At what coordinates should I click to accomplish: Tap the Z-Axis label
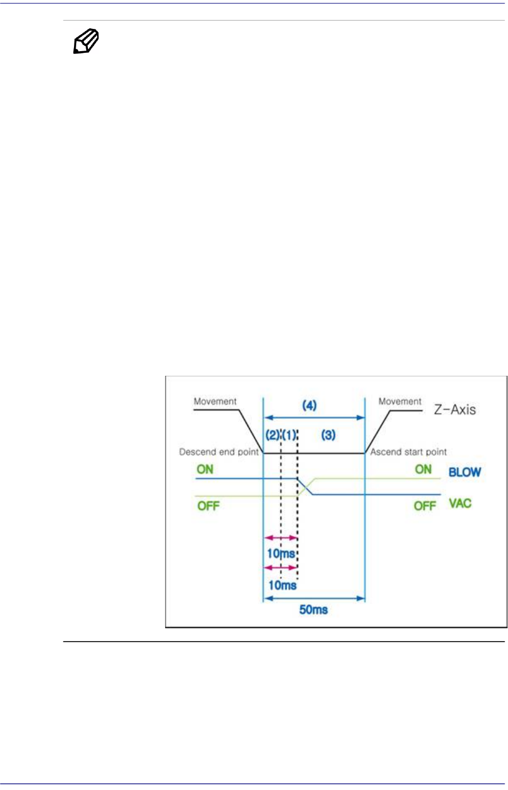tap(455, 410)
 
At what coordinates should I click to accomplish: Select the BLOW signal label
tap(465, 473)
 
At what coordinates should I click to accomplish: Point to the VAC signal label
tap(460, 504)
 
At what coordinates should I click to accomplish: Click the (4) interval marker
tap(309, 406)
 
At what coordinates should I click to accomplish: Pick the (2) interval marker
tap(273, 435)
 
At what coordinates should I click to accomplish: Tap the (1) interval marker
tap(289, 435)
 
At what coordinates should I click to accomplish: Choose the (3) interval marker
tap(328, 435)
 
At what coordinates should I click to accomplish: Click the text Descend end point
tap(219, 452)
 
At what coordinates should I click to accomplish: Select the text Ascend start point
tap(408, 452)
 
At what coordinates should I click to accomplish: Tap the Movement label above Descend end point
tap(215, 401)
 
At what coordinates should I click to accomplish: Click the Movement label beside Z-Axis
tap(400, 401)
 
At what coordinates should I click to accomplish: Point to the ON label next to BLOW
tap(423, 469)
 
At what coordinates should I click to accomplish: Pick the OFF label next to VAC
tap(425, 506)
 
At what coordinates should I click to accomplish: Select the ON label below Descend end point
tap(205, 469)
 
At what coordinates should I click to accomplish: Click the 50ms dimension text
tap(314, 610)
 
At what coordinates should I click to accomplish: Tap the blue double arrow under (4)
tap(314, 418)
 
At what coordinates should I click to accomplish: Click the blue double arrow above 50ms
tap(314, 599)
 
